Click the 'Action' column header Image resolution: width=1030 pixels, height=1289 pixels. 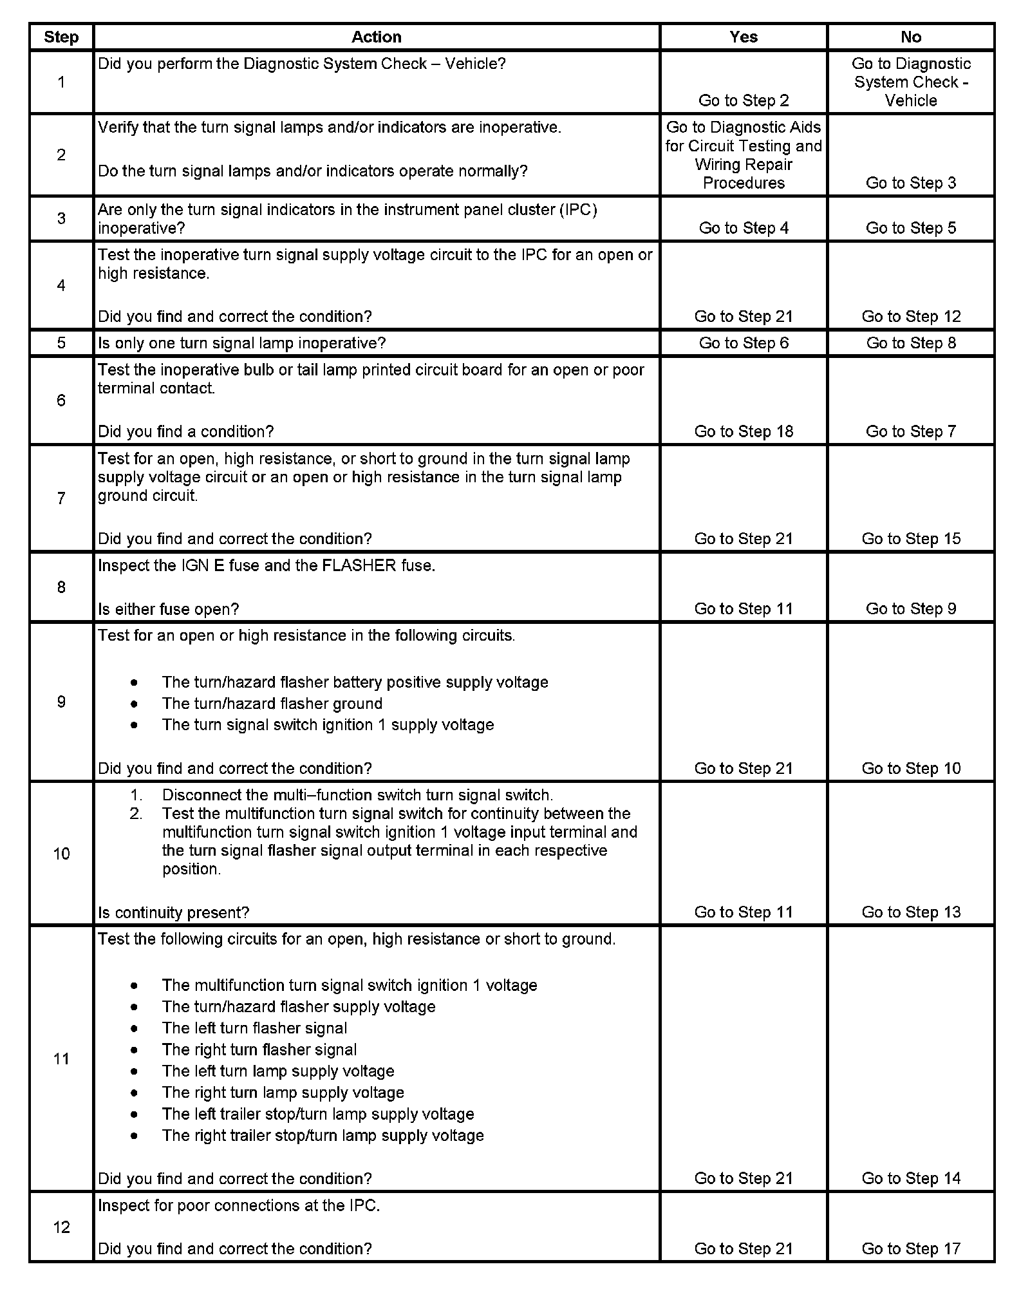coord(376,37)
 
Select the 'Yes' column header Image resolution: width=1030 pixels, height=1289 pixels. coord(744,37)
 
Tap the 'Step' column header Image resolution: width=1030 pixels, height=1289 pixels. coord(61,37)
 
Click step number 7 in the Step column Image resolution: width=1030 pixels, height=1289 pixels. coord(61,498)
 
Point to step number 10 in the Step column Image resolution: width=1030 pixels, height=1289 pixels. coord(61,854)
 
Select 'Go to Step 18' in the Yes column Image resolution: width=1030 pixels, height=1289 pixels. coord(744,431)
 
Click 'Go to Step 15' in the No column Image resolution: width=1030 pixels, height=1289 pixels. coord(911,539)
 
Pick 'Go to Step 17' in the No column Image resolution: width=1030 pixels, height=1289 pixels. coord(911,1249)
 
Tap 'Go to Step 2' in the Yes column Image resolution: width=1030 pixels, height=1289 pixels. coord(744,100)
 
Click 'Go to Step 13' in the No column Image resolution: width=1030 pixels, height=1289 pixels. coord(911,912)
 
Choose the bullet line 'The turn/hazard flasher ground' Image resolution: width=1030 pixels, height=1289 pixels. coord(272,704)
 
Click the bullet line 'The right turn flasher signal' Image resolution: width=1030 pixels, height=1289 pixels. coord(259,1050)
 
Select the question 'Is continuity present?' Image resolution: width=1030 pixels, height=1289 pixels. coord(173,912)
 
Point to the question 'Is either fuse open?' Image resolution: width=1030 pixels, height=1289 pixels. coord(169,609)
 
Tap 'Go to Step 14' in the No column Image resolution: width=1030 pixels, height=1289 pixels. coord(911,1179)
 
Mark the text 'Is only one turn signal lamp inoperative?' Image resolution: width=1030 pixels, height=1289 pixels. coord(241,343)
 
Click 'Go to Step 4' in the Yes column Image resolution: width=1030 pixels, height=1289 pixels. coord(744,228)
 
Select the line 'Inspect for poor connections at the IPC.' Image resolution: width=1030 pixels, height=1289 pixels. coord(239,1206)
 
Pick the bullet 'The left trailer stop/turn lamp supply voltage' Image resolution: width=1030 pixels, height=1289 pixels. coord(318,1115)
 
